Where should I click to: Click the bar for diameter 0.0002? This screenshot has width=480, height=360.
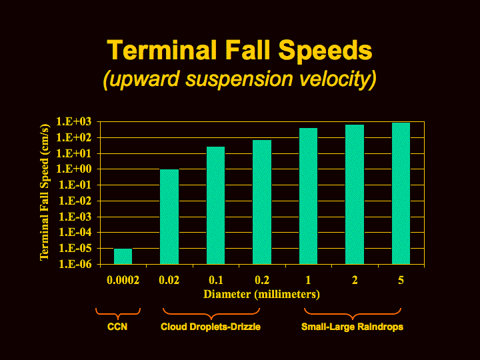[x=123, y=256]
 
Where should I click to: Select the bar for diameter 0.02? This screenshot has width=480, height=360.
[x=169, y=217]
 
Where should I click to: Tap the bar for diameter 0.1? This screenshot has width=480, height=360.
[x=216, y=205]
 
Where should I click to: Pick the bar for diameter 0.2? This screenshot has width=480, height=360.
[x=262, y=202]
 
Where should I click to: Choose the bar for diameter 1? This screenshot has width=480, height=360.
[x=308, y=196]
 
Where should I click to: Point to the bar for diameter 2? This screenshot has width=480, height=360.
[x=355, y=194]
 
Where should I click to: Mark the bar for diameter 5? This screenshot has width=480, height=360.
[x=401, y=193]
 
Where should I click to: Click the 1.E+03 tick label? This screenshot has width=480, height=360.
[x=74, y=122]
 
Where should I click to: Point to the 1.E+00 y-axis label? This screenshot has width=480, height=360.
[x=74, y=169]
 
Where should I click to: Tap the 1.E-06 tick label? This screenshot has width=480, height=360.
[x=75, y=264]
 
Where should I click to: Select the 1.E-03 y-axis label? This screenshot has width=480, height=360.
[x=75, y=217]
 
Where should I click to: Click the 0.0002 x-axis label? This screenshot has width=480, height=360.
[x=123, y=280]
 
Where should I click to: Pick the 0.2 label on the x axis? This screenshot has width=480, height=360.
[x=262, y=280]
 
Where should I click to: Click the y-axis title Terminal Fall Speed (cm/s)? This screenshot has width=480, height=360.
[x=45, y=192]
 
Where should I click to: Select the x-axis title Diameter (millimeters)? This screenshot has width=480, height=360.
[x=262, y=294]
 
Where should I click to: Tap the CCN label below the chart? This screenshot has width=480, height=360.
[x=117, y=327]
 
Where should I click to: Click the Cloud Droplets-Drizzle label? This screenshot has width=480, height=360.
[x=211, y=327]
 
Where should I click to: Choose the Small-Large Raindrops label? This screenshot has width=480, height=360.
[x=353, y=327]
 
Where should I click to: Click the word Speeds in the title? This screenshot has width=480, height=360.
[x=325, y=51]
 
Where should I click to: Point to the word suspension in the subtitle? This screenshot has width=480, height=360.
[x=239, y=79]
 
